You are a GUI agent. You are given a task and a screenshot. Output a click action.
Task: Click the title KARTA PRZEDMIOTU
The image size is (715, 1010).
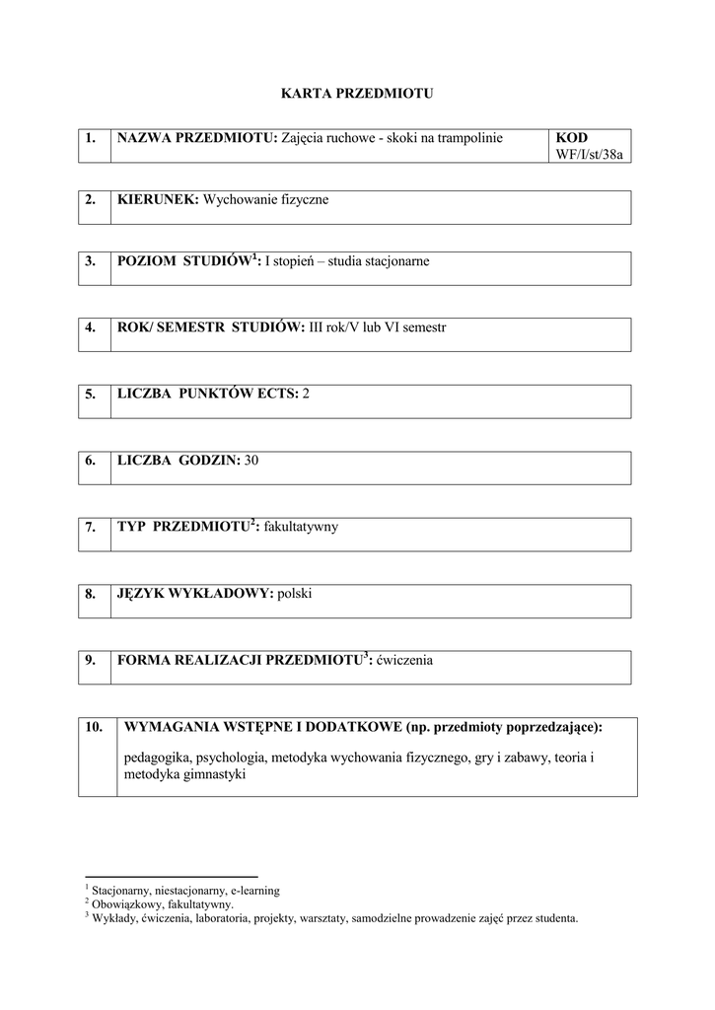(x=357, y=94)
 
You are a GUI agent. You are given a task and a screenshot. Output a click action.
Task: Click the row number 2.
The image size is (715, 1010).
(x=90, y=199)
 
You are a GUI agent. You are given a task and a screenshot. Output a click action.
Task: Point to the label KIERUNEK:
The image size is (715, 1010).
(x=158, y=199)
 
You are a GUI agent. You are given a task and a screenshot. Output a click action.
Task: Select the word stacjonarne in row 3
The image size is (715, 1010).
(x=396, y=261)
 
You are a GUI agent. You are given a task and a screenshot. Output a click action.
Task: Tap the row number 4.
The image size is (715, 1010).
(x=90, y=326)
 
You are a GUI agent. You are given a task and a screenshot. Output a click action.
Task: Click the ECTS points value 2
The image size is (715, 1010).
(x=306, y=393)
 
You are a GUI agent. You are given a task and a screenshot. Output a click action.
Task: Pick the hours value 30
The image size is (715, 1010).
(x=250, y=460)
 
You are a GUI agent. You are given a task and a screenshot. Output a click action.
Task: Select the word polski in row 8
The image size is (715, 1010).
(x=295, y=594)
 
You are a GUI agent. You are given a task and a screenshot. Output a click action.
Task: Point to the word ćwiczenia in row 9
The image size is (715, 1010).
(x=404, y=660)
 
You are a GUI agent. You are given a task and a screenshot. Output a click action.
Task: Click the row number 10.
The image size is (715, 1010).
(x=94, y=727)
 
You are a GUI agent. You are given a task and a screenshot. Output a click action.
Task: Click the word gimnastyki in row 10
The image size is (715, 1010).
(x=212, y=774)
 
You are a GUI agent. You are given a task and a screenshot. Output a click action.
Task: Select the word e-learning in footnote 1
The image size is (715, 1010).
(x=254, y=890)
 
